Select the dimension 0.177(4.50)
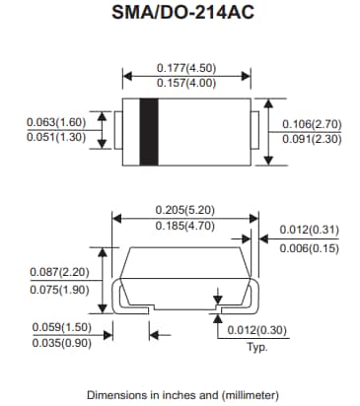pyautogui.click(x=186, y=67)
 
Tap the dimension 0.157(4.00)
pyautogui.click(x=186, y=85)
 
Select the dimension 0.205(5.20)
pyautogui.click(x=186, y=210)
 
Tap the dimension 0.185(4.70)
pyautogui.click(x=186, y=228)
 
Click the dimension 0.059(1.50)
pyautogui.click(x=60, y=326)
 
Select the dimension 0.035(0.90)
pyautogui.click(x=60, y=344)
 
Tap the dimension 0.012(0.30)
pyautogui.click(x=259, y=330)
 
